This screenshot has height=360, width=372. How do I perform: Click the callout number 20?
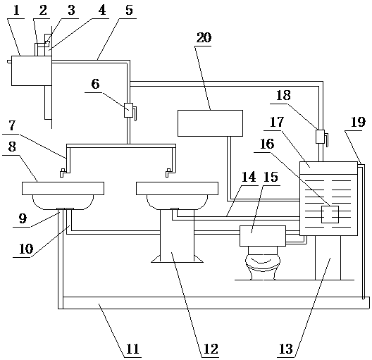point(204,38)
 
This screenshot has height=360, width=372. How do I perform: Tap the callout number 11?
point(132,349)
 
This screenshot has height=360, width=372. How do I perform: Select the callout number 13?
point(286,349)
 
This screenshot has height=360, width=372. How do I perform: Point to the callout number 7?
point(12,125)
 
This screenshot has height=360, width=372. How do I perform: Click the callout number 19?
point(358,123)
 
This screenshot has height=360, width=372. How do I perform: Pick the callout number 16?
point(267,144)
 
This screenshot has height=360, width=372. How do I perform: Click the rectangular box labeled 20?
point(210,123)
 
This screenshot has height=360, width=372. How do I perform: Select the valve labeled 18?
point(321,137)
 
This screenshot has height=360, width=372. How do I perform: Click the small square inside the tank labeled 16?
point(330,214)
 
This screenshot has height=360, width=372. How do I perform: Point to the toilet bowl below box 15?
point(263,263)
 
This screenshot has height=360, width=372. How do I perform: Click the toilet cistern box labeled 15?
point(263,236)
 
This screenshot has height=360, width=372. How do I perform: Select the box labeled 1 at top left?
point(32,70)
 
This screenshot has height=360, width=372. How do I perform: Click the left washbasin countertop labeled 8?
point(63,188)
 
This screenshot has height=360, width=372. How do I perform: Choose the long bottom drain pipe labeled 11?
point(213,303)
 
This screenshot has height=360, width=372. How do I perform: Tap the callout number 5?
point(129,11)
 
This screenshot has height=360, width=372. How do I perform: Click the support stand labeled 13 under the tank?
point(328,258)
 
